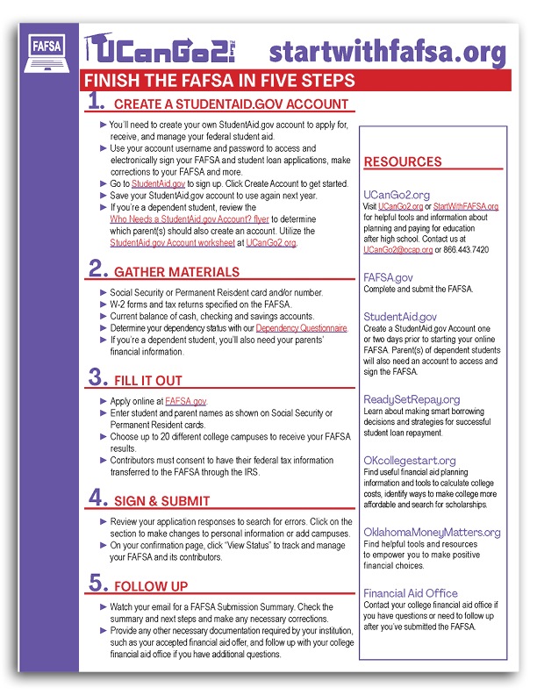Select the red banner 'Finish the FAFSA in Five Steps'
219,81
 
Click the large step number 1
96,103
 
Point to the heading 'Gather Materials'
176,272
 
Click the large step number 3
96,378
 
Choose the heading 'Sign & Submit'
162,501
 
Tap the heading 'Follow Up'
150,586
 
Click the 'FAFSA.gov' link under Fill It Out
186,400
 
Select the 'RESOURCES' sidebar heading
403,162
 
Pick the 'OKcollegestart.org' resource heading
410,460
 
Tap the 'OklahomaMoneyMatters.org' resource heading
432,532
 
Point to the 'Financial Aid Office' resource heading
411,593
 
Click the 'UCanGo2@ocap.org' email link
397,249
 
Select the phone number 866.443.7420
467,249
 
